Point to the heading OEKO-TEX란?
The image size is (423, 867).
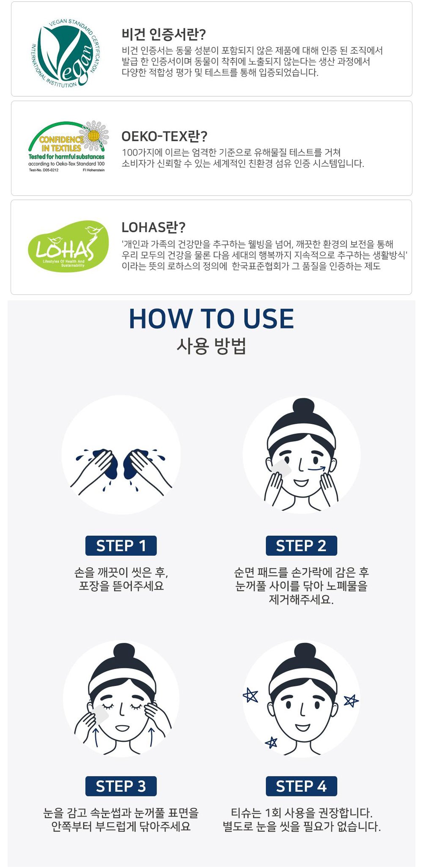coord(164,136)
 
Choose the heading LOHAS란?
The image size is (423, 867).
coord(153,227)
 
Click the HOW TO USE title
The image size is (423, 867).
coord(211,318)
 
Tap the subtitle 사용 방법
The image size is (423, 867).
coord(211,346)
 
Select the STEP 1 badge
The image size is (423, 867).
coord(121,546)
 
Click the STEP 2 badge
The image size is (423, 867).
coord(301,546)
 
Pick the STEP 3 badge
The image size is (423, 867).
coord(121,786)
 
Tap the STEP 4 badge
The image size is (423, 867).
coord(301,786)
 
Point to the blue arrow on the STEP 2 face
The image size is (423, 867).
coord(316,469)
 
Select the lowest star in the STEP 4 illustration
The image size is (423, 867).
coord(271,742)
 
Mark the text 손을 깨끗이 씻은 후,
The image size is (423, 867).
coord(121,573)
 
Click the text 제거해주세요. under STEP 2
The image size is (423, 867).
coord(301,599)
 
